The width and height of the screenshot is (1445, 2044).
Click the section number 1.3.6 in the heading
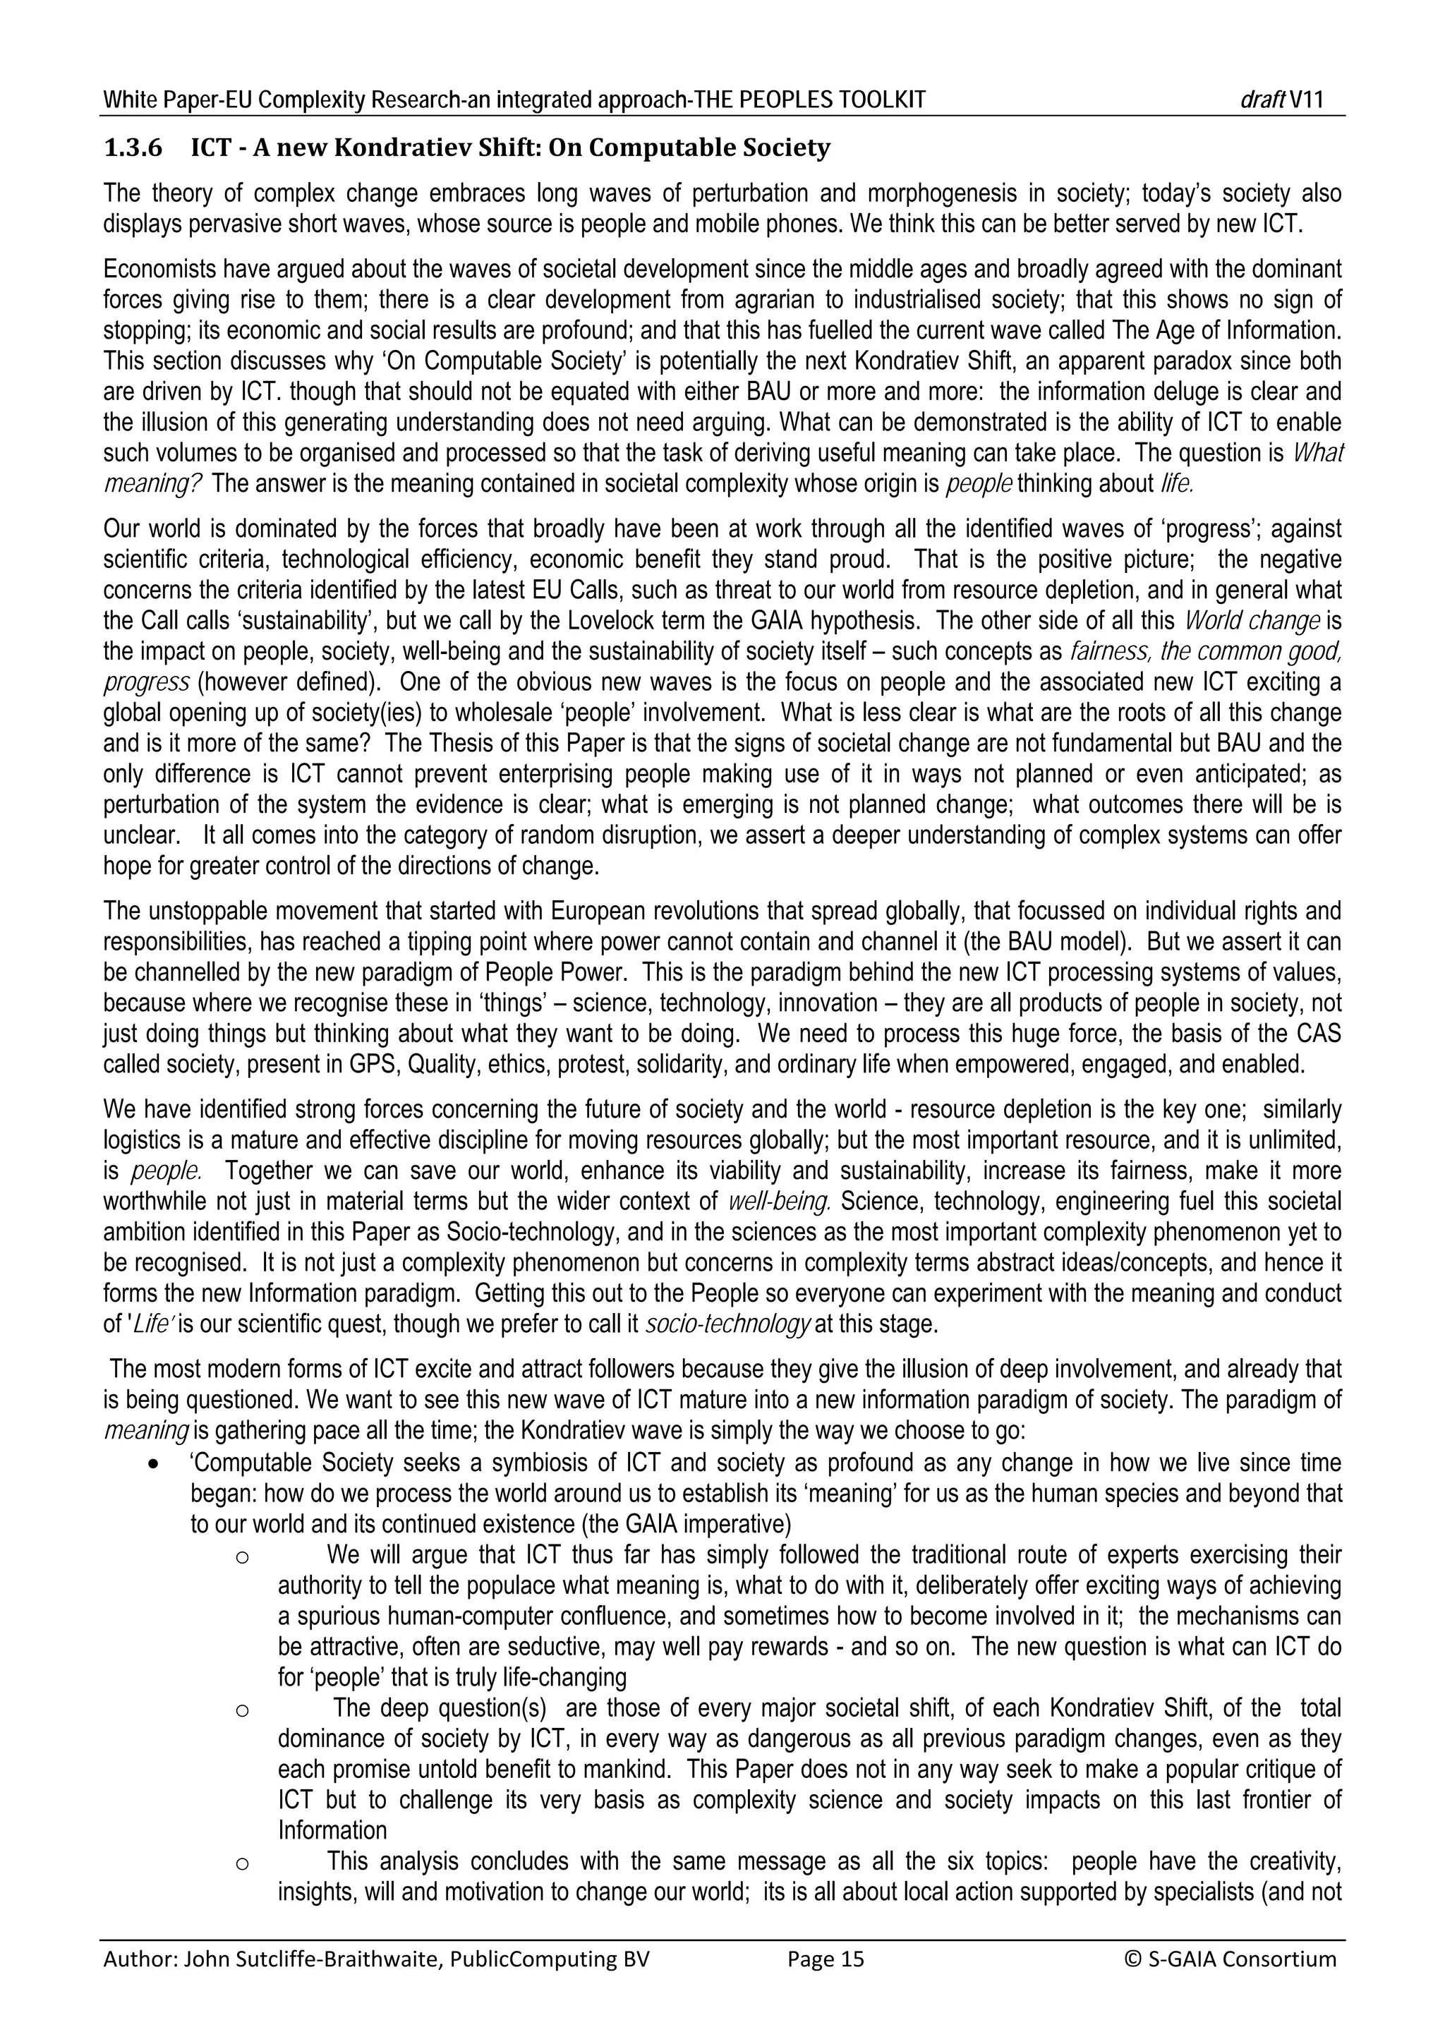(133, 147)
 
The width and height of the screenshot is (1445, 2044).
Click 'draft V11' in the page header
(1281, 99)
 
